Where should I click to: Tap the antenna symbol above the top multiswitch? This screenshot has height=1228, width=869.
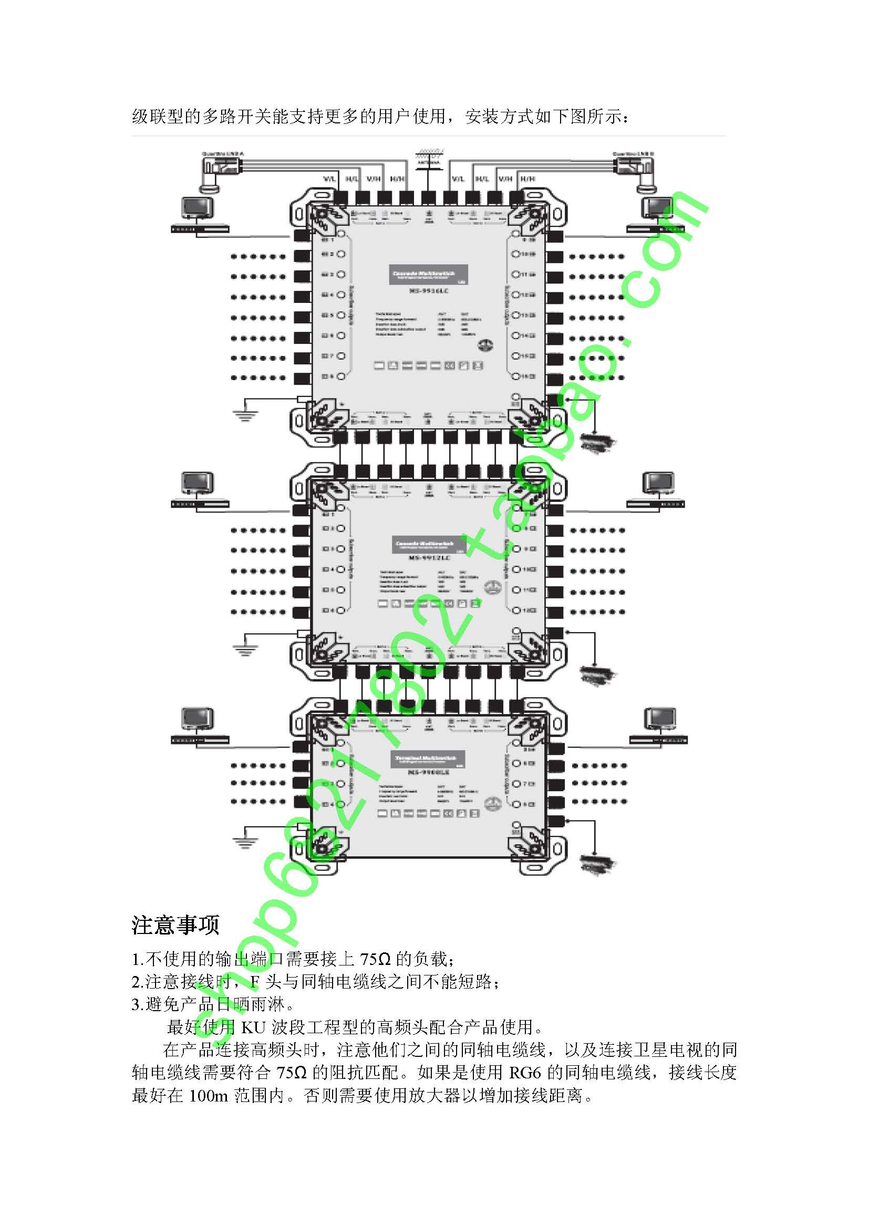429,161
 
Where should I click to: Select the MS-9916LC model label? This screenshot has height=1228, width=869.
428,290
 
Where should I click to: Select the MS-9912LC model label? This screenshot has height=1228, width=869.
429,558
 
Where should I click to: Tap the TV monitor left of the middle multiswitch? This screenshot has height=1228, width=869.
198,484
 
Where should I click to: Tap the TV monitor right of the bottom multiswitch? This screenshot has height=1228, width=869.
660,719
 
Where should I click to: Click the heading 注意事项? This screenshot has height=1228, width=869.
175,925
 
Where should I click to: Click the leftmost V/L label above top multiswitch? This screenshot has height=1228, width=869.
329,179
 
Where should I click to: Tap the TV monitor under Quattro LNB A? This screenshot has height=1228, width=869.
198,208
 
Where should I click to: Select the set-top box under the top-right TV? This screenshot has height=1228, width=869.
656,229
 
